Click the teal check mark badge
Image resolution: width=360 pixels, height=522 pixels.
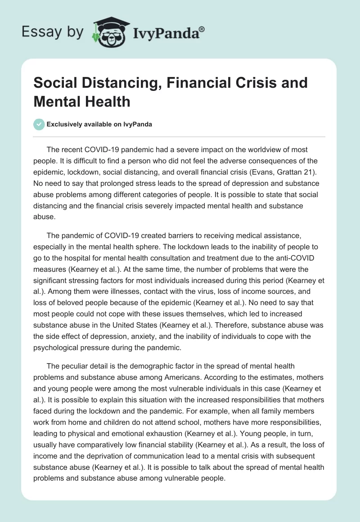[39, 124]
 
